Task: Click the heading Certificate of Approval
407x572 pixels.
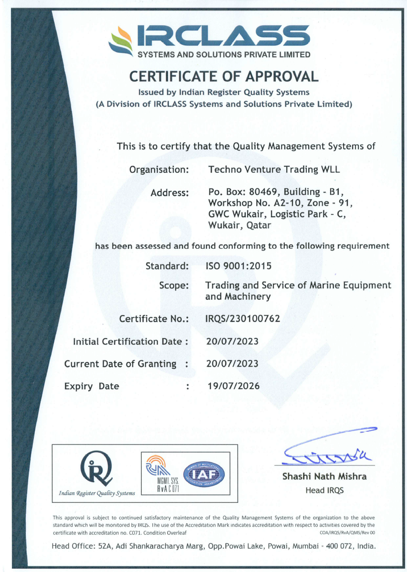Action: [224, 76]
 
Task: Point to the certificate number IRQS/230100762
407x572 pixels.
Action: [242, 318]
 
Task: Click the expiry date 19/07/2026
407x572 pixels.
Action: [233, 386]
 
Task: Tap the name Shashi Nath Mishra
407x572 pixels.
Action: [324, 476]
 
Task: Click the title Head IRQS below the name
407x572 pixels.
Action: [324, 490]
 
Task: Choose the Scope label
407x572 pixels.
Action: [174, 286]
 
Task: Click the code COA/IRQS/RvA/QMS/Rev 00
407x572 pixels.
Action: [347, 532]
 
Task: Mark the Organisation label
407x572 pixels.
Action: [160, 169]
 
